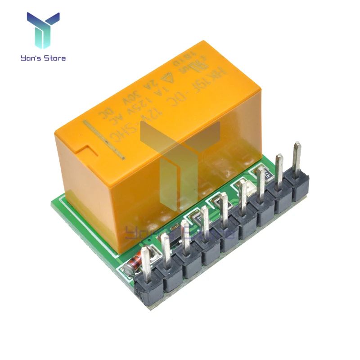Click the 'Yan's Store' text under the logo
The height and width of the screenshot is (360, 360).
(43, 58)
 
